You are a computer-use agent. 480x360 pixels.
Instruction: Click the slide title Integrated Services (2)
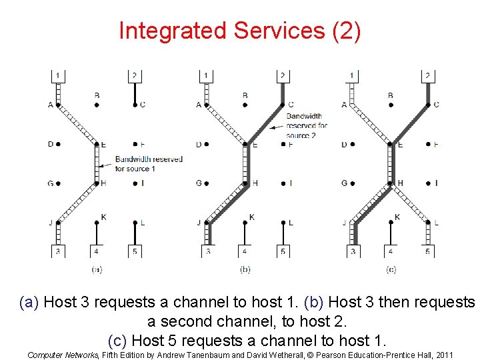tap(240, 31)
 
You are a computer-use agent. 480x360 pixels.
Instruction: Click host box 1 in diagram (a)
tap(58, 75)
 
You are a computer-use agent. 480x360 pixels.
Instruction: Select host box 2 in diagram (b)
tap(283, 75)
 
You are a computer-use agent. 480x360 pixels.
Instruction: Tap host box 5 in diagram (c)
tap(428, 251)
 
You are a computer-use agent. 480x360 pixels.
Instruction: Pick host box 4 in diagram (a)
tap(97, 251)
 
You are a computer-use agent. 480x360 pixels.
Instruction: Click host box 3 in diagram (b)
tap(208, 251)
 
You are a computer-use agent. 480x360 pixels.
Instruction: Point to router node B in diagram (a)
tap(97, 105)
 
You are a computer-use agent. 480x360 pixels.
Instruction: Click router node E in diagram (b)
tap(245, 144)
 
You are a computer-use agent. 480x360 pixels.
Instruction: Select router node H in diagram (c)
tap(391, 183)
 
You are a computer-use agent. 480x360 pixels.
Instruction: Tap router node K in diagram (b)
tap(245, 222)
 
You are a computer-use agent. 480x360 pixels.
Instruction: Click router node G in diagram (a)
tap(58, 183)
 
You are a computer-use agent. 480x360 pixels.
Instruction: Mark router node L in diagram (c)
tap(428, 222)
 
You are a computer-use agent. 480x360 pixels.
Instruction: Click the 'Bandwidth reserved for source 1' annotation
tap(148, 164)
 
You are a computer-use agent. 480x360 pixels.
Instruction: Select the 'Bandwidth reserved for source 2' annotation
tap(307, 125)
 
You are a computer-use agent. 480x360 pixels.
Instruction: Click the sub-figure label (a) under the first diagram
tap(97, 269)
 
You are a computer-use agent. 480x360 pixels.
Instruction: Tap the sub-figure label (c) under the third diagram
tap(391, 269)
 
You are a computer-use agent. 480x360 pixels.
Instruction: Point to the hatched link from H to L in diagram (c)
tap(410, 203)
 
